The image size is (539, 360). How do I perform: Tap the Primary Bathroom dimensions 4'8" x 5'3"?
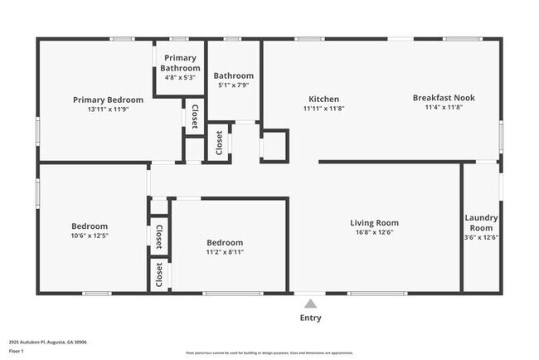tap(180, 77)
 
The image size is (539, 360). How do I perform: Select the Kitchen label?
tap(323, 99)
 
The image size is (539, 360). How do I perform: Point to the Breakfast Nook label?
tap(444, 97)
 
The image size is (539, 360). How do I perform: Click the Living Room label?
tap(373, 222)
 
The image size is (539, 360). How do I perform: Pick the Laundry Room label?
tap(481, 222)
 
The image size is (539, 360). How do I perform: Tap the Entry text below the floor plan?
tap(310, 318)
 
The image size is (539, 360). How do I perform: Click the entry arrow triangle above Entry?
tap(310, 303)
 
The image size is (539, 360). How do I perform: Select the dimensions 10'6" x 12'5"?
tap(88, 236)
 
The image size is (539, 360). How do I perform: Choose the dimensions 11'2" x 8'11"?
tap(225, 252)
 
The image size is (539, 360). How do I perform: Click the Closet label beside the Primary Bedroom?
tap(194, 116)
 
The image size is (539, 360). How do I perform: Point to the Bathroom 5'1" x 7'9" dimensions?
tap(233, 85)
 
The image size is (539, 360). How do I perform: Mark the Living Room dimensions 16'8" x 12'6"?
tap(373, 233)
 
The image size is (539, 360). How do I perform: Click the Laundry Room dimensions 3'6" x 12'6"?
tap(481, 237)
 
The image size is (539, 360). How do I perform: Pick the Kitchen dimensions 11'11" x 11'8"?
tap(323, 109)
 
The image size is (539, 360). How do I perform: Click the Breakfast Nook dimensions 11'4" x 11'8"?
tap(444, 107)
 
